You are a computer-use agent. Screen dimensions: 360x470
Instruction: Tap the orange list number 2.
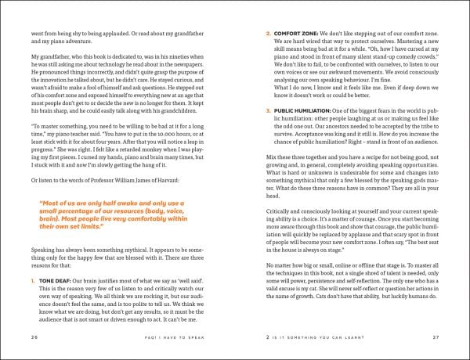pyautogui.click(x=269, y=34)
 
